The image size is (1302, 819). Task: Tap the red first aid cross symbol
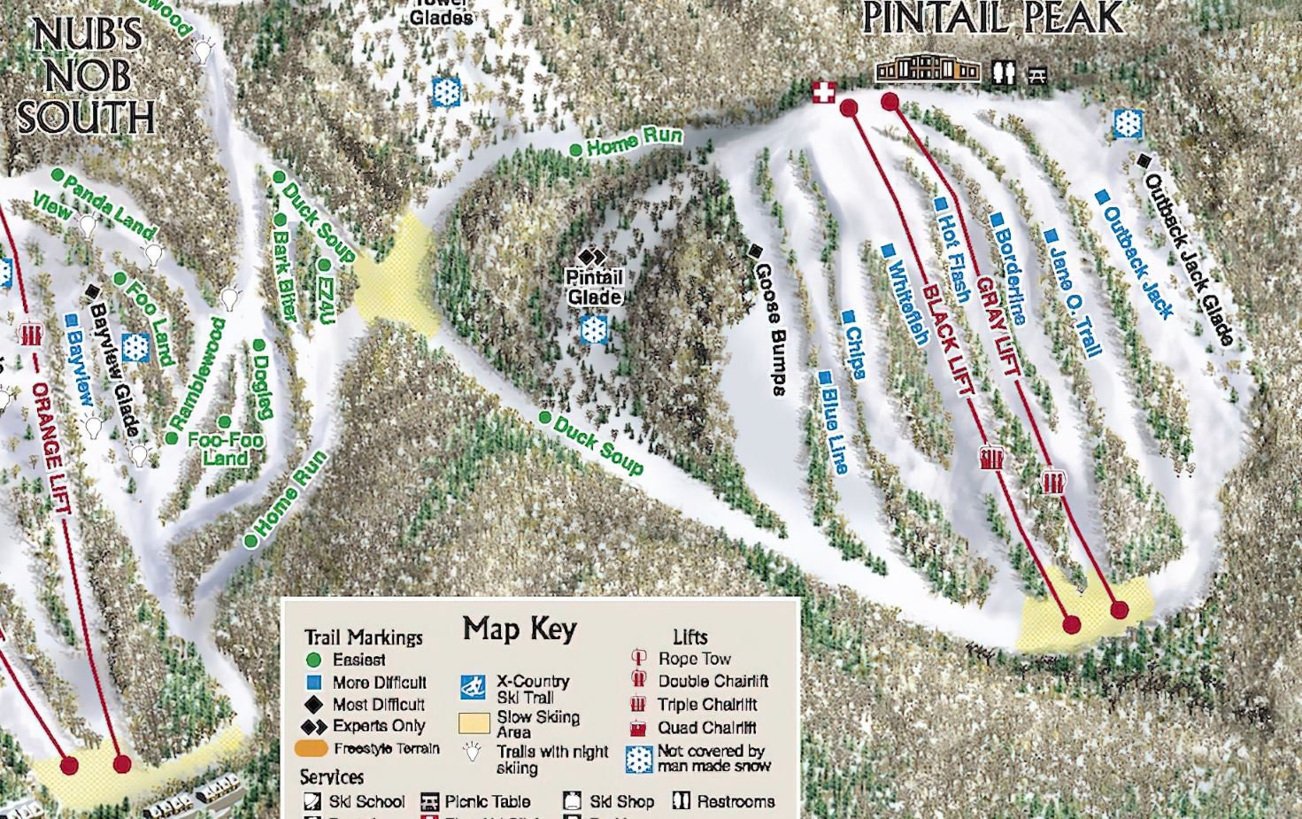tap(824, 91)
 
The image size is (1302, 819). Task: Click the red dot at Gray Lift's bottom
tap(1119, 610)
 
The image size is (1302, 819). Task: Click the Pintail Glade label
tap(595, 287)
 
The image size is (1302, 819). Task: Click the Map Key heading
tap(520, 630)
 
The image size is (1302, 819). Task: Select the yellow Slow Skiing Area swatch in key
tap(474, 723)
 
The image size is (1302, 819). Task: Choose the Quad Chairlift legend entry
tap(706, 728)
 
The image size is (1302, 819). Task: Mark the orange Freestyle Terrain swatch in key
tap(311, 748)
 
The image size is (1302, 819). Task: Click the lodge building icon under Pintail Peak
tap(927, 70)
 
